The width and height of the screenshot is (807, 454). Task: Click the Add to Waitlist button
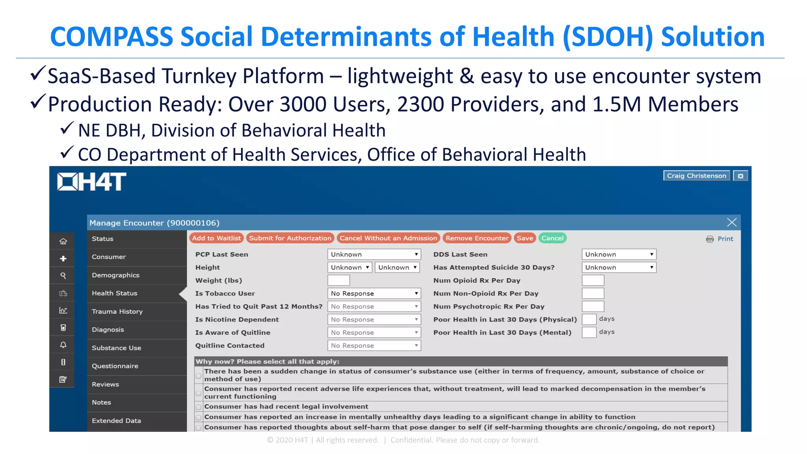click(216, 238)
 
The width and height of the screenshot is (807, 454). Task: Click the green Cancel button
click(552, 238)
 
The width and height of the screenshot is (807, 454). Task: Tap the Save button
click(525, 238)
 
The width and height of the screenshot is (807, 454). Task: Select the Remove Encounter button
click(477, 238)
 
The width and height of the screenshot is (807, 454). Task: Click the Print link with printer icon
click(720, 239)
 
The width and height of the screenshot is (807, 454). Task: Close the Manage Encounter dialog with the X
click(732, 223)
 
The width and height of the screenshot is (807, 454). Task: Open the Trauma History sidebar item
click(117, 311)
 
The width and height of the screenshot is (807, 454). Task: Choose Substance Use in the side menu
click(116, 348)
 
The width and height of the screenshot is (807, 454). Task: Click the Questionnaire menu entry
click(115, 366)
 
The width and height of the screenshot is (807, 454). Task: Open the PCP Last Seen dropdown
click(374, 255)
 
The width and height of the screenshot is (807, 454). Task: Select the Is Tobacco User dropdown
click(374, 294)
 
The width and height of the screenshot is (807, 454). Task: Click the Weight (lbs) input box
click(338, 281)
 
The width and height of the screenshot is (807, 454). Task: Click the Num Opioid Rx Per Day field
click(593, 281)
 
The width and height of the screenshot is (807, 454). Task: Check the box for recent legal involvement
click(199, 407)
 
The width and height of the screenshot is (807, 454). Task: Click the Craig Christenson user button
click(696, 176)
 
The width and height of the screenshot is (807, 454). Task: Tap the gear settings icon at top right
click(740, 176)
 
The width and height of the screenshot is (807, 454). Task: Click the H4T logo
click(91, 182)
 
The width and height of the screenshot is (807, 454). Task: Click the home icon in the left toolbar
click(63, 241)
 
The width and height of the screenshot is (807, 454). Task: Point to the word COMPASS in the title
click(112, 37)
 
